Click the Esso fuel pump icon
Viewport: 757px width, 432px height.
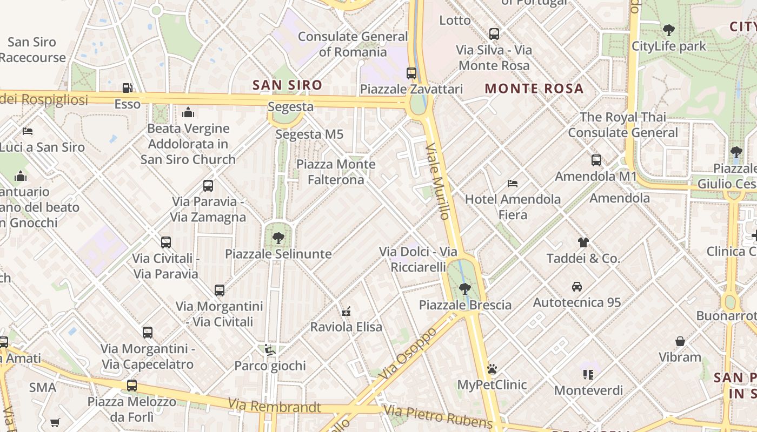(128, 87)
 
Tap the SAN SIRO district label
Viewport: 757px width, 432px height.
(287, 85)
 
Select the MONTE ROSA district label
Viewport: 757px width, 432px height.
(534, 89)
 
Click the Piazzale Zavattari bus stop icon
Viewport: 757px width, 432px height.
(411, 73)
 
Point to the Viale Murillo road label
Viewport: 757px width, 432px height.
(437, 181)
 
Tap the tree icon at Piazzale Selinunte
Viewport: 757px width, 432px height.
(278, 238)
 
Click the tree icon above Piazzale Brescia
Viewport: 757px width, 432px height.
(464, 289)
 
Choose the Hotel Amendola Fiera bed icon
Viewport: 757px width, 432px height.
(513, 184)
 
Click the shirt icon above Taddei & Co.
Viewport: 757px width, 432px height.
(583, 242)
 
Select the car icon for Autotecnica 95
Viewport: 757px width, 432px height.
(577, 286)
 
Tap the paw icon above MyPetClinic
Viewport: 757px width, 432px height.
(492, 369)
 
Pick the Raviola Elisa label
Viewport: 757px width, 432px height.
(346, 327)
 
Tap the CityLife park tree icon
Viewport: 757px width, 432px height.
(669, 30)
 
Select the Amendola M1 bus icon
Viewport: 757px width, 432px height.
(596, 160)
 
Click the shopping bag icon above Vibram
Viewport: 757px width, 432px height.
(680, 341)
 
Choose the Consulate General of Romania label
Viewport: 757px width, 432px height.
(353, 44)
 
